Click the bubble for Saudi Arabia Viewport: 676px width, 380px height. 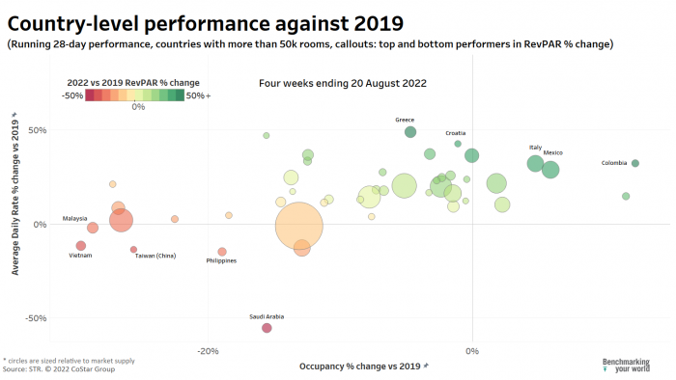pos(267,328)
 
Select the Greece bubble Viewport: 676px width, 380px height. pos(410,132)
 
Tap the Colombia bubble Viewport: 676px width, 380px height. pos(634,163)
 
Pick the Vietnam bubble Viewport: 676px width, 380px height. pos(81,246)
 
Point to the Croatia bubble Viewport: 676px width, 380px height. pos(458,144)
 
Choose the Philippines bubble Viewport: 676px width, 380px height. pos(222,252)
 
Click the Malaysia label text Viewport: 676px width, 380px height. pos(75,218)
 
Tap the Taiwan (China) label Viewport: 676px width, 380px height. pos(155,256)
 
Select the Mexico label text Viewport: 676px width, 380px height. pos(552,152)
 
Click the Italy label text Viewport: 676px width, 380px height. pos(535,148)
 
